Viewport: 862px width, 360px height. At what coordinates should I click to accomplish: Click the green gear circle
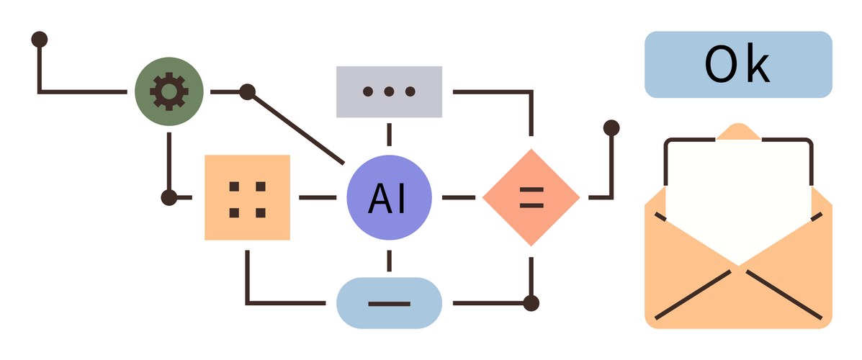[169, 91]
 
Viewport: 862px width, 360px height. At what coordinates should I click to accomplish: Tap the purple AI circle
[389, 197]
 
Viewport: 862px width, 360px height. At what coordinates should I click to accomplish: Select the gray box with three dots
[389, 91]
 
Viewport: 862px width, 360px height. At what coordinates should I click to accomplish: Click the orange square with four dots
[247, 197]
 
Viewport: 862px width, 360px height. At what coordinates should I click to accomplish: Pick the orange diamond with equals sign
[531, 197]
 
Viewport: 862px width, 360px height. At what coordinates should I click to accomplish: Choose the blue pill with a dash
[389, 302]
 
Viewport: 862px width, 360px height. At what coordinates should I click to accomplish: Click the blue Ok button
[738, 64]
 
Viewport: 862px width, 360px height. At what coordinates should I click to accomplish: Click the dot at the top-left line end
[40, 38]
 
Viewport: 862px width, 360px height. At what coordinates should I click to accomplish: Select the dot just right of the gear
[247, 91]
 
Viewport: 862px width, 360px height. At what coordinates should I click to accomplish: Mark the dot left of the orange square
[169, 197]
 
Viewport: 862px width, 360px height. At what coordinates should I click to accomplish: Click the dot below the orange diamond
[531, 302]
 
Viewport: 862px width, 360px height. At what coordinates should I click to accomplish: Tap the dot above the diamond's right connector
[611, 128]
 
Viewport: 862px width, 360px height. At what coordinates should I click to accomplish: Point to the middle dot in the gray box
[389, 91]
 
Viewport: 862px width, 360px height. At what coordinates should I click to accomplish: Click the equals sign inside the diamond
[531, 197]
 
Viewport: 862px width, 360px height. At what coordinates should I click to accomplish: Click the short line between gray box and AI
[389, 135]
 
